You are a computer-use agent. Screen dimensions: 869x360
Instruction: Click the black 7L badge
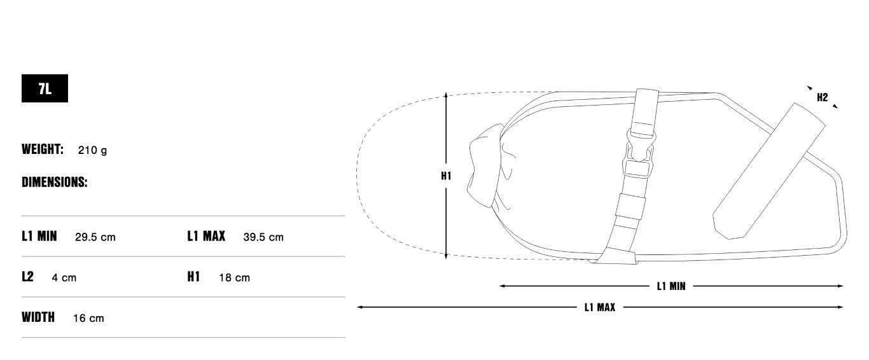coord(45,88)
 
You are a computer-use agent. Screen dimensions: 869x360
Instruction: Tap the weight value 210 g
coord(92,150)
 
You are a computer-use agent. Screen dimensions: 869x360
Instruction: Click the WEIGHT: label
coord(42,149)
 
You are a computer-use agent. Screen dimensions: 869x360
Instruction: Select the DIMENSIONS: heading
coord(54,182)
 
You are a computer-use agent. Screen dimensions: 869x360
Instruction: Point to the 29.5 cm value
coord(95,237)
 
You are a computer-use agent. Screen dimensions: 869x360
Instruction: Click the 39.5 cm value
coord(263,237)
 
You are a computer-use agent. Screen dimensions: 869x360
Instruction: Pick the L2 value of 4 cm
coord(64,278)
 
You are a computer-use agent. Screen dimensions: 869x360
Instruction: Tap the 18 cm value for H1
coord(234,278)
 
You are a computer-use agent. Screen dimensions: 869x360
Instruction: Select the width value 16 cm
coord(88,318)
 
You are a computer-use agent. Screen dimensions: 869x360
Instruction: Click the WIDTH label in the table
coord(38,317)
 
